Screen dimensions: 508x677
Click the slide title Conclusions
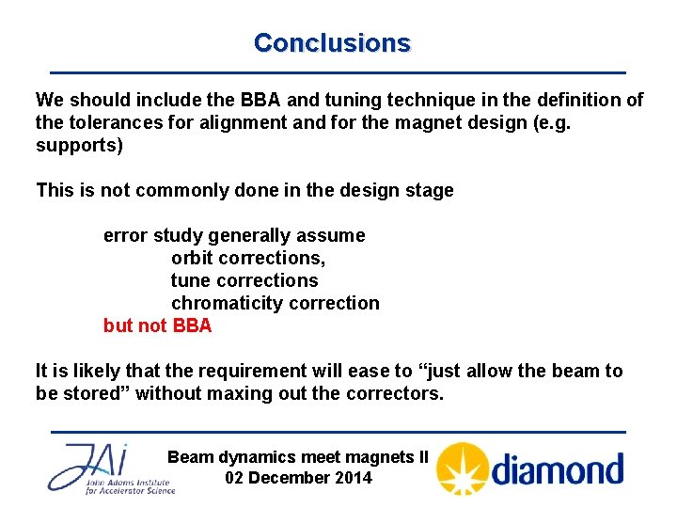coord(332,43)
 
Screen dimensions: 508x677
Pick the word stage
coord(429,191)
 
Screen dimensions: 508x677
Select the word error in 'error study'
coord(124,235)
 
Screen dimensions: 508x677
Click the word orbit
coord(194,258)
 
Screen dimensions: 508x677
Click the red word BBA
coord(193,325)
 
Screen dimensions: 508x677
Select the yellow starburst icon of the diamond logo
coord(463,468)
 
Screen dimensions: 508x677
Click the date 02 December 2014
coord(299,478)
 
